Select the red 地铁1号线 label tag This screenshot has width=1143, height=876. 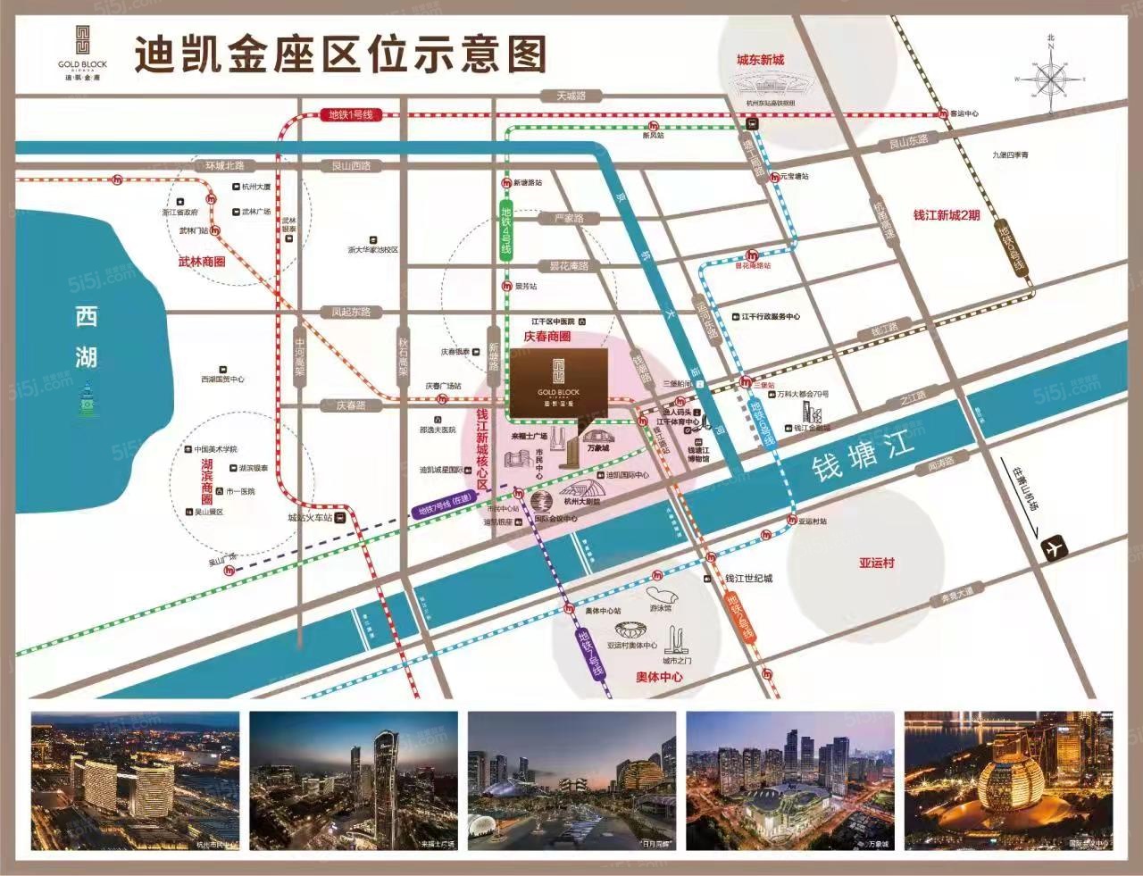tap(350, 115)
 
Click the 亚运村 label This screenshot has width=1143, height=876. tap(876, 563)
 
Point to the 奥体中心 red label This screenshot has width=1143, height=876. tap(659, 678)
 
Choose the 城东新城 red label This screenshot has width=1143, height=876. tap(760, 60)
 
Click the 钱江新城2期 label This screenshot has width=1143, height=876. tap(946, 216)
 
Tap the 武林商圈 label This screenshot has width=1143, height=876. tap(202, 262)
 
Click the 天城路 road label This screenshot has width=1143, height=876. tap(571, 96)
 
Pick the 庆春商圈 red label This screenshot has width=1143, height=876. tap(546, 338)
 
